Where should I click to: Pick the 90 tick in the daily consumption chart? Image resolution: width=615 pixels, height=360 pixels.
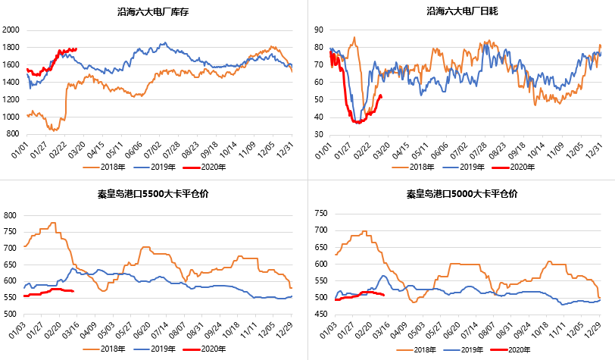pos(319,30)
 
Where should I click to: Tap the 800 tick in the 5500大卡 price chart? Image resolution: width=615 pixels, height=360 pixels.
pos(13,215)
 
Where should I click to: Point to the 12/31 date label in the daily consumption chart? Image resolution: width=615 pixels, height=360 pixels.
pos(596,148)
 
